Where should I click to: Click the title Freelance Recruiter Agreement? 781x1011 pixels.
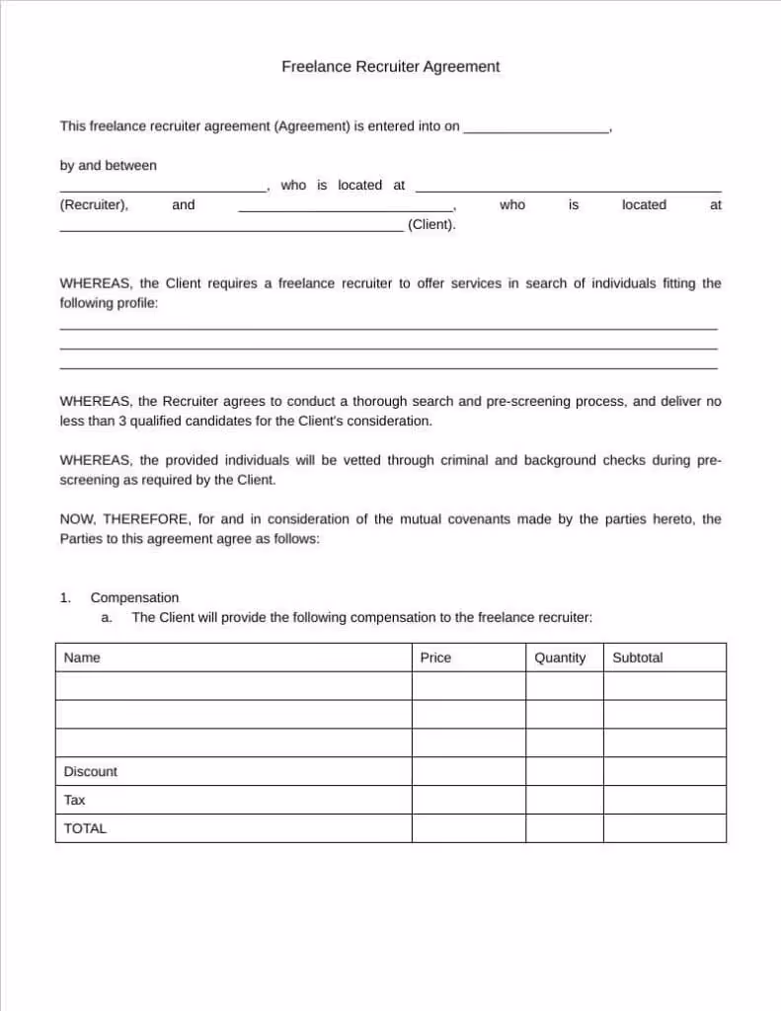pos(390,67)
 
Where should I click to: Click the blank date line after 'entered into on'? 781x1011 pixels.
pos(536,128)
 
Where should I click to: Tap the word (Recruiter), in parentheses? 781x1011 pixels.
pos(94,204)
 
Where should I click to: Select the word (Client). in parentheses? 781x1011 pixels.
pos(431,224)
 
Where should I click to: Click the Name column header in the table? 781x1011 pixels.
pos(82,658)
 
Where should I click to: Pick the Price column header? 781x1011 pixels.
pos(435,658)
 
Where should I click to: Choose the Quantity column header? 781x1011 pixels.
pos(560,658)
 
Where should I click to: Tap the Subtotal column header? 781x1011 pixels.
pos(638,658)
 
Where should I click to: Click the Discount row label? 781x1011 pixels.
pos(90,771)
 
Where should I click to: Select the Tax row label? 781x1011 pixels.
pos(74,800)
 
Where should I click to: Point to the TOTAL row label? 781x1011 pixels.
pos(85,828)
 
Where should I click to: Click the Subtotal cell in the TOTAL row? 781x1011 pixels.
pos(664,828)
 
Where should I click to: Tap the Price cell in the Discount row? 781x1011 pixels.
pos(468,771)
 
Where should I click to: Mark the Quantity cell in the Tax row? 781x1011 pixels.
pos(564,800)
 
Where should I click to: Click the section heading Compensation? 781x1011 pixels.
pos(134,597)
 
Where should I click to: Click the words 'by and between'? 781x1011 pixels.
pos(108,165)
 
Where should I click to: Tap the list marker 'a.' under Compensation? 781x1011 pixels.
pos(108,617)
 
